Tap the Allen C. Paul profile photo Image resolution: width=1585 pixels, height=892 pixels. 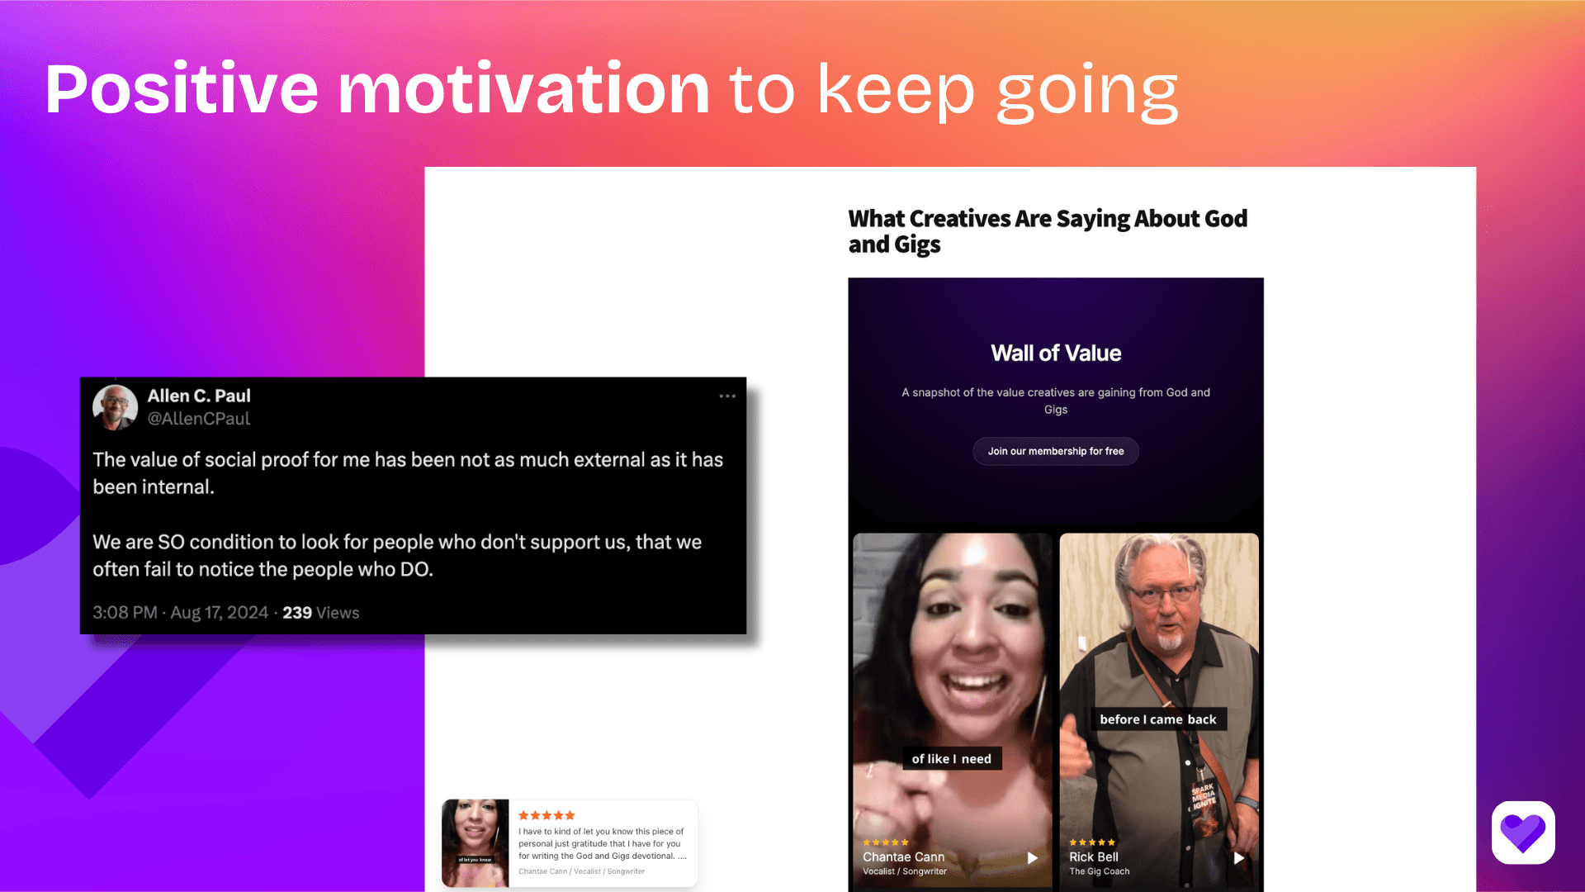point(115,407)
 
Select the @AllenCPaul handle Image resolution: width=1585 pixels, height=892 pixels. point(198,419)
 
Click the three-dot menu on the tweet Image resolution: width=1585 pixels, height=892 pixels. point(726,396)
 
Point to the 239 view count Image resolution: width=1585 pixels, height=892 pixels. point(297,613)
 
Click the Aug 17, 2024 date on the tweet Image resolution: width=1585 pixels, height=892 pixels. point(219,613)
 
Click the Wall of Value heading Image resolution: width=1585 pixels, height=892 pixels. point(1056,353)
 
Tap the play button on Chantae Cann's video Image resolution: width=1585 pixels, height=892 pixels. point(1032,858)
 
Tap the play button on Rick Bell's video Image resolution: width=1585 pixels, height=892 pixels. point(1238,858)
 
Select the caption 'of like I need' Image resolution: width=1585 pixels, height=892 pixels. point(951,759)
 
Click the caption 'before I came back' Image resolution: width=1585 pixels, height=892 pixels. point(1157,719)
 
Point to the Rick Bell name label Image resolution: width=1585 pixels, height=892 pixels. point(1094,857)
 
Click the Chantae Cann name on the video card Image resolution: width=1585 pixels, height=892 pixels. point(903,857)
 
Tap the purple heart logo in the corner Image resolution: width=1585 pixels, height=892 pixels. point(1523,833)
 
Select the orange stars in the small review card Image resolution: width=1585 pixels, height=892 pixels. point(546,815)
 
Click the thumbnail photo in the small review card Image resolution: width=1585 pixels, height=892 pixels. point(475,842)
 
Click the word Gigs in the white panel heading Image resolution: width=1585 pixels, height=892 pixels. point(917,245)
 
